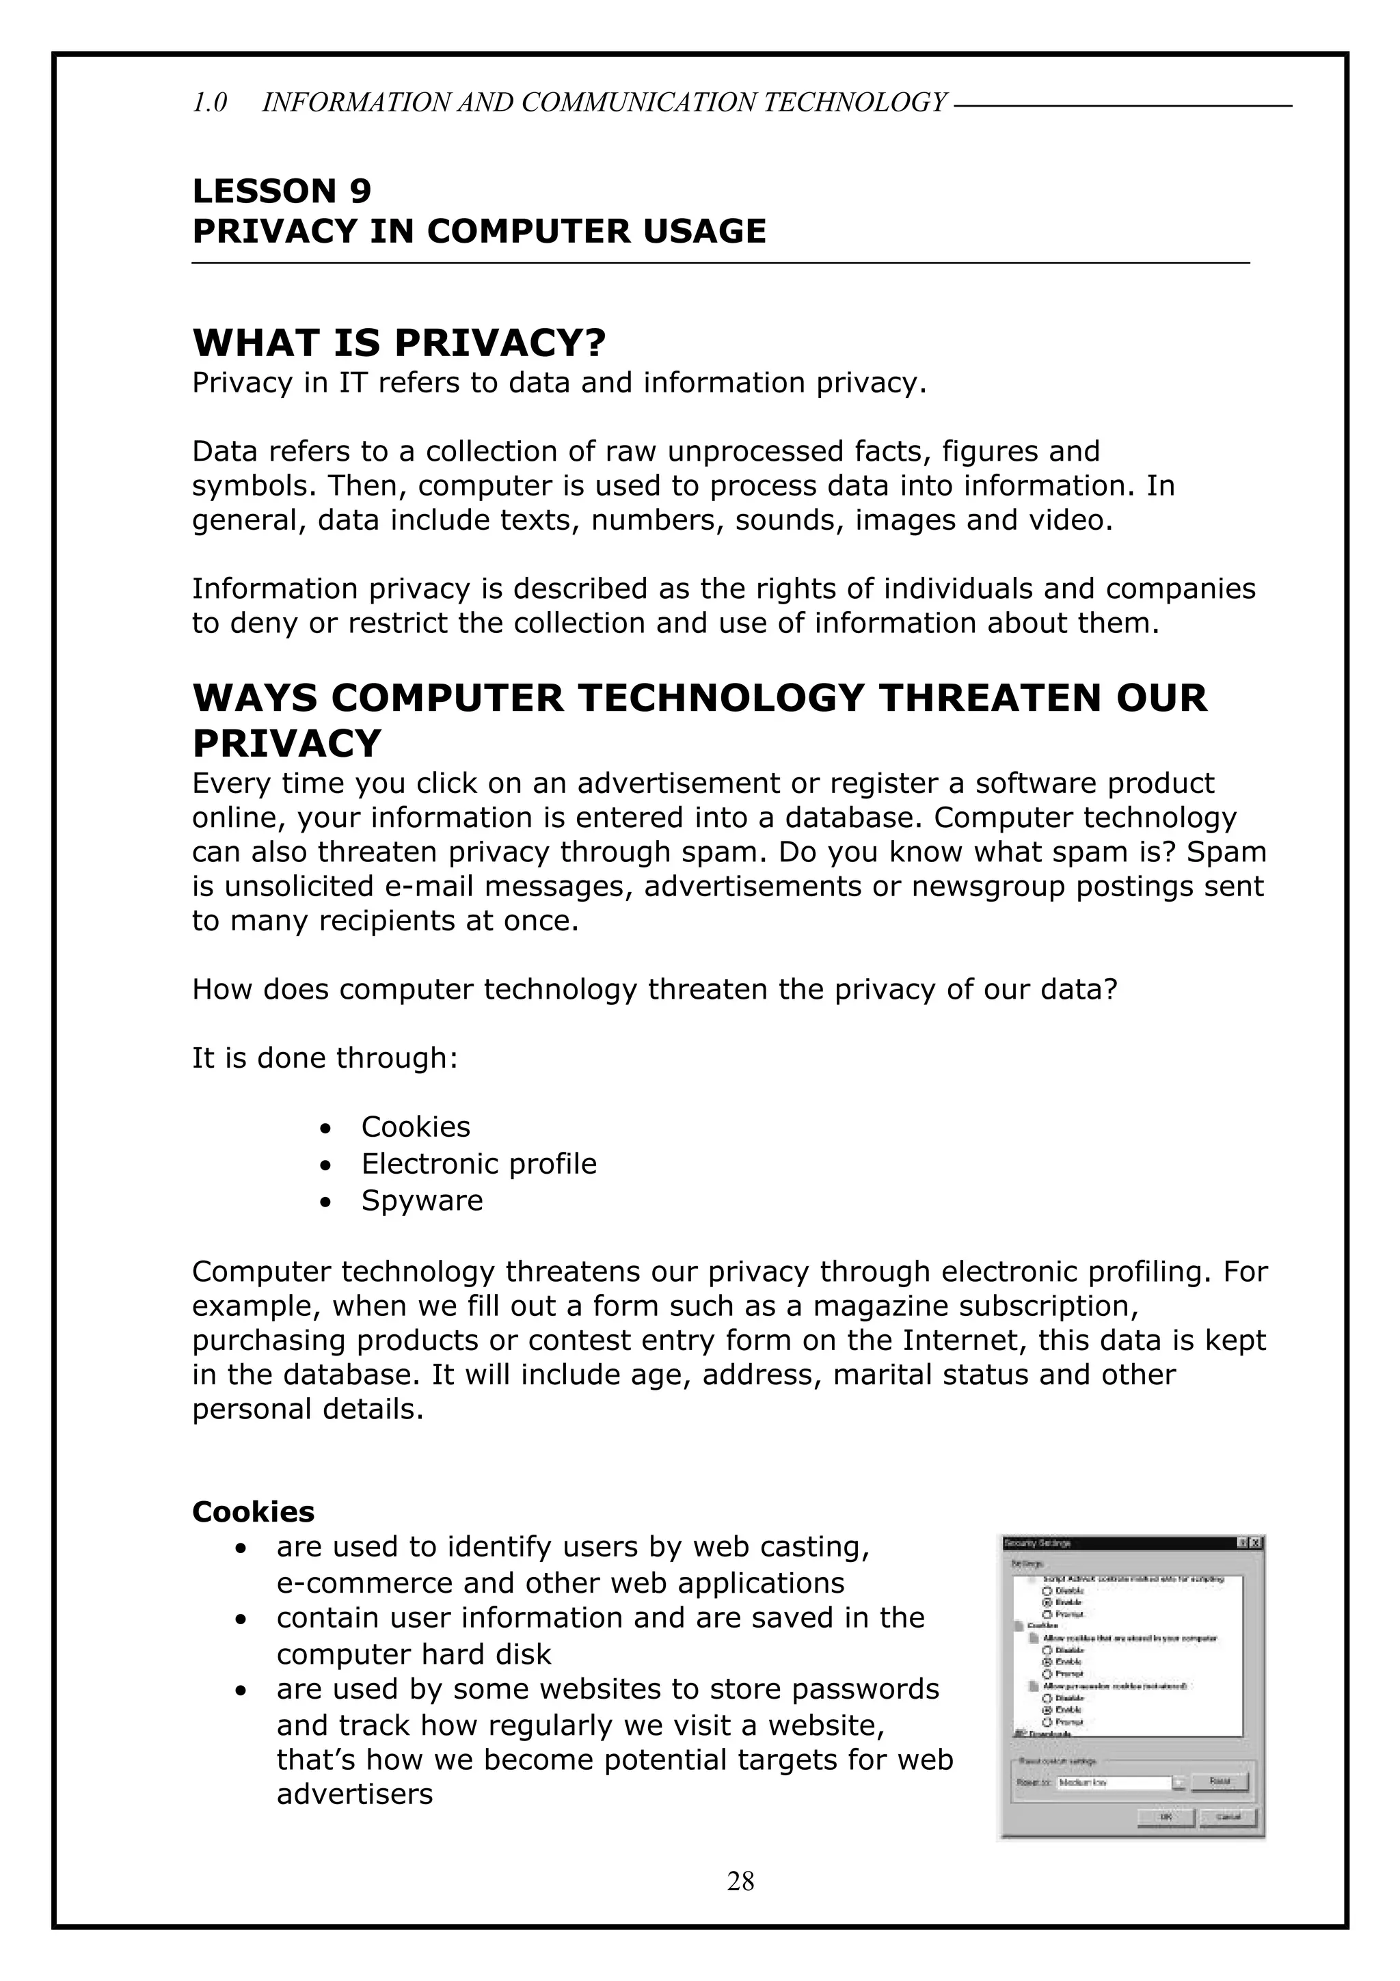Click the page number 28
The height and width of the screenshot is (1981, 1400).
click(x=740, y=1881)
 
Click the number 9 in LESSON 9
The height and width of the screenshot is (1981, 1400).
click(x=360, y=191)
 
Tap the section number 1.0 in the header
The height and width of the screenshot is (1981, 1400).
click(x=210, y=103)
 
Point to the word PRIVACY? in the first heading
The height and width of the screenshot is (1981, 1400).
click(x=500, y=343)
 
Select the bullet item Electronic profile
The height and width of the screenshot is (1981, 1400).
click(x=479, y=1164)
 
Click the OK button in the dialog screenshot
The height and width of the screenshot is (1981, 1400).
click(x=1166, y=1816)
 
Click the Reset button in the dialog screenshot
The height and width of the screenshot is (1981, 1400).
click(x=1218, y=1781)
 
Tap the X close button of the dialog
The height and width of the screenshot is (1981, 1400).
click(x=1256, y=1543)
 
